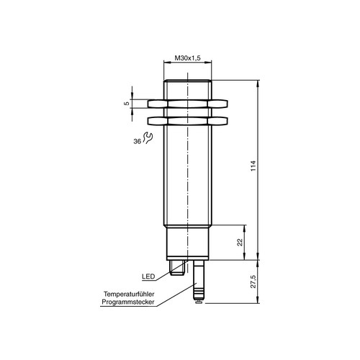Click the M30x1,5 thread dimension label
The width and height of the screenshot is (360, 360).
tap(187, 58)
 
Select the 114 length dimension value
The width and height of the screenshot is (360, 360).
tap(253, 166)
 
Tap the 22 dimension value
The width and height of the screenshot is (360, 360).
tap(240, 243)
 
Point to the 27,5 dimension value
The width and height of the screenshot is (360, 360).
tap(253, 282)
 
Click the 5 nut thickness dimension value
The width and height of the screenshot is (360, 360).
tap(127, 104)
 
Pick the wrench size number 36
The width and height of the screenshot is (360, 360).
tap(137, 142)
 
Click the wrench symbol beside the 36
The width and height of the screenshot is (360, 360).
tap(148, 138)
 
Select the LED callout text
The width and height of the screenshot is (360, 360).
tap(148, 276)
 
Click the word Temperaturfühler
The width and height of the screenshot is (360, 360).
tap(129, 294)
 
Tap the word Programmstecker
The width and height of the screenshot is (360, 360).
tap(128, 302)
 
